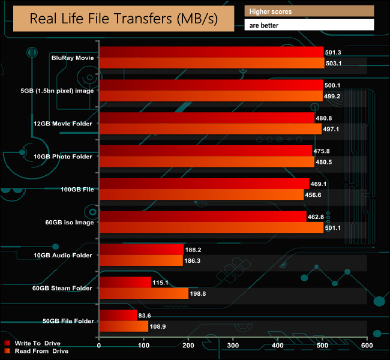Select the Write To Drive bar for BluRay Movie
coord(211,52)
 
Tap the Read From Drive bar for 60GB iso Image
coord(211,227)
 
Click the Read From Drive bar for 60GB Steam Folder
coord(143,293)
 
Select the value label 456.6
coord(316,194)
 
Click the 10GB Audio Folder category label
coord(63,256)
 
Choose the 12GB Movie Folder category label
coord(64,124)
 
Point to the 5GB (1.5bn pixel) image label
coord(56,91)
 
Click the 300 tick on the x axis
coord(233,346)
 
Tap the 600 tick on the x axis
coord(367,346)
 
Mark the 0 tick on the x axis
coord(98,346)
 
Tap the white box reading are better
coord(309,25)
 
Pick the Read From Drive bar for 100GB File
coord(201,194)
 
